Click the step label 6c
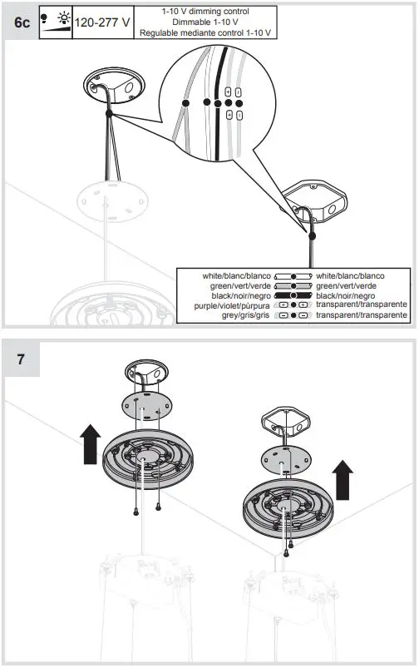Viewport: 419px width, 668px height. coord(22,22)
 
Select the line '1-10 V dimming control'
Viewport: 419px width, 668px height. coord(206,11)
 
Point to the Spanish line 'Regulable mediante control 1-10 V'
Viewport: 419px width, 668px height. coord(206,32)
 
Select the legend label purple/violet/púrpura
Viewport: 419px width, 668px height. coord(236,305)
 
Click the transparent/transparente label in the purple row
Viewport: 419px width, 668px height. coord(362,305)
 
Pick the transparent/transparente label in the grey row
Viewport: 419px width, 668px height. coord(362,316)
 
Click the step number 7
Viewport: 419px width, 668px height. coord(21,359)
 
